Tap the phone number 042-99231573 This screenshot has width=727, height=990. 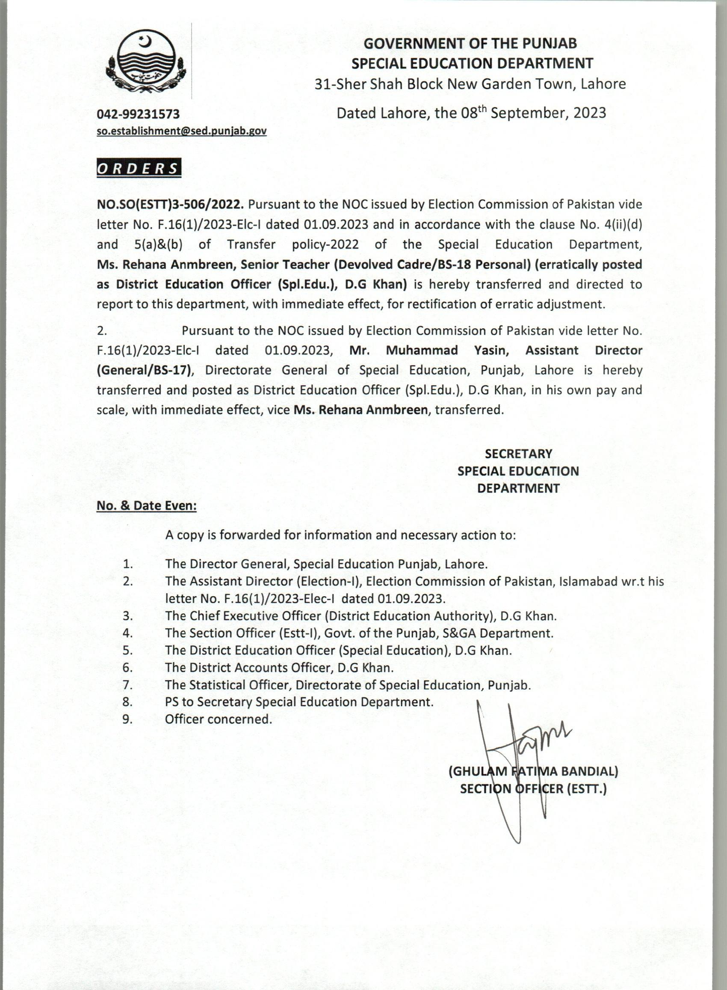point(138,114)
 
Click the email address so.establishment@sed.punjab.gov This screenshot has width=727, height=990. point(181,131)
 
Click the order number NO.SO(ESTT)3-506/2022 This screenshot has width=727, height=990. point(170,204)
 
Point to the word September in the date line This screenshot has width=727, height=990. point(527,113)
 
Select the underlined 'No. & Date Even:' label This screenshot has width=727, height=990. point(147,506)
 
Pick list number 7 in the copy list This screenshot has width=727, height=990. point(127,685)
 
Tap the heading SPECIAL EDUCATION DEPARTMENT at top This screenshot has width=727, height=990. point(472,63)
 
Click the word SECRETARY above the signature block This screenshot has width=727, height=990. point(518,454)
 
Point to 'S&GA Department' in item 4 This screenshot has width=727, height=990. point(516,633)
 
